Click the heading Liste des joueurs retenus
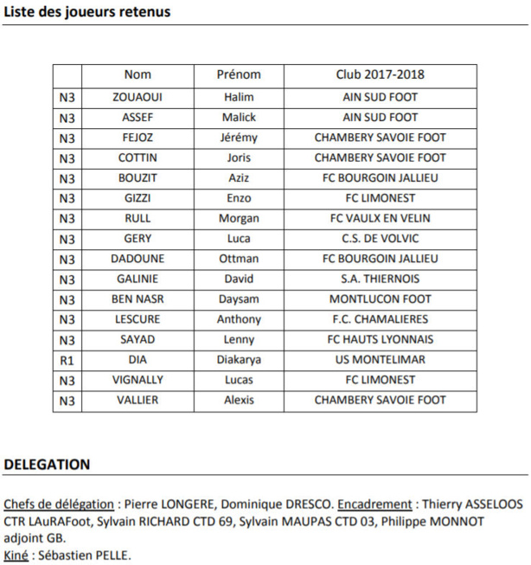[x=87, y=12]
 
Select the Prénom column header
[x=238, y=74]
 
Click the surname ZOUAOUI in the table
[x=137, y=97]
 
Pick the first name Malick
[x=238, y=117]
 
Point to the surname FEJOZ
[x=137, y=138]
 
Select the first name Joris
[x=238, y=157]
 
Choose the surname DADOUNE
[x=137, y=259]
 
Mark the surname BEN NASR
[x=137, y=299]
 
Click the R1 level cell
[x=67, y=360]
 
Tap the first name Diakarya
[x=238, y=360]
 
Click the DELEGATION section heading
[x=47, y=465]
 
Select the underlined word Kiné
[x=16, y=555]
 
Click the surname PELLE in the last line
[x=112, y=555]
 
